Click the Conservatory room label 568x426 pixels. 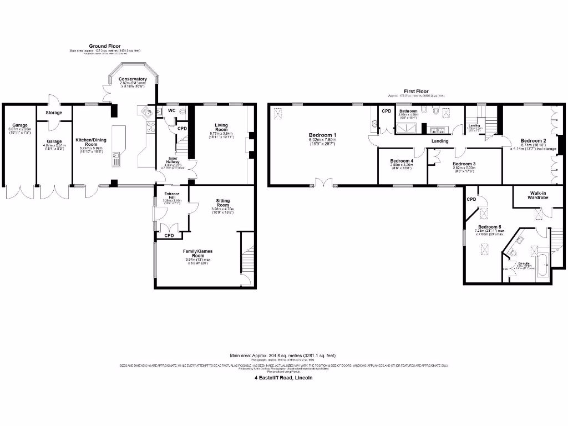coord(133,79)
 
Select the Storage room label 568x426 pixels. coord(54,113)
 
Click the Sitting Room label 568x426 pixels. coord(220,201)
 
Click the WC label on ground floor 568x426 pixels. coord(171,110)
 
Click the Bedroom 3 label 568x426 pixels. coord(464,164)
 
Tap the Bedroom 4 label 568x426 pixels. coord(402,161)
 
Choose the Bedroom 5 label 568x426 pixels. coord(490,227)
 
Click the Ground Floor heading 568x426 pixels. coord(105,46)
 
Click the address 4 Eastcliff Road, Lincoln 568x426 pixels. coord(283,377)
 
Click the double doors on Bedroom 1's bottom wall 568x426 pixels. coord(324,182)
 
